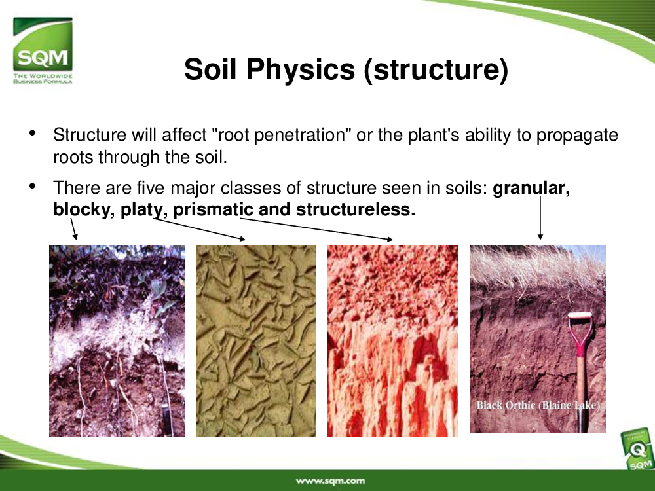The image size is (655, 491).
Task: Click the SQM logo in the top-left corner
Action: point(43,50)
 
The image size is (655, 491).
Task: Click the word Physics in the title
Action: point(301,69)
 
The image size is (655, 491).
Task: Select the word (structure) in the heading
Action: point(436,69)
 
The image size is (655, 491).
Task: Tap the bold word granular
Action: point(531,189)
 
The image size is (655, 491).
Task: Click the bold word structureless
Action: point(356,209)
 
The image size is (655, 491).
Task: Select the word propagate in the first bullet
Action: point(577,136)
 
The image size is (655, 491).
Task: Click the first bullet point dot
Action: point(33,133)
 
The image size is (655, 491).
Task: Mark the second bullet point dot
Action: point(33,185)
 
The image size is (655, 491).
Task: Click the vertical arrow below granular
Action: point(540,219)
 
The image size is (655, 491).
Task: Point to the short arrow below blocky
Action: point(73,229)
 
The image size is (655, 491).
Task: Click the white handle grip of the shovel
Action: point(580,316)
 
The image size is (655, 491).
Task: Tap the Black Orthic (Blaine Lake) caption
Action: point(538,405)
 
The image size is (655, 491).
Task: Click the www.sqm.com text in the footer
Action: point(330,481)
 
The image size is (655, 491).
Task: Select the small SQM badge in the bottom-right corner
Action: point(638,451)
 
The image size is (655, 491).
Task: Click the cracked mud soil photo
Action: point(257,341)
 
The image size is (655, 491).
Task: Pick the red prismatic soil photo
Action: point(392,341)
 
